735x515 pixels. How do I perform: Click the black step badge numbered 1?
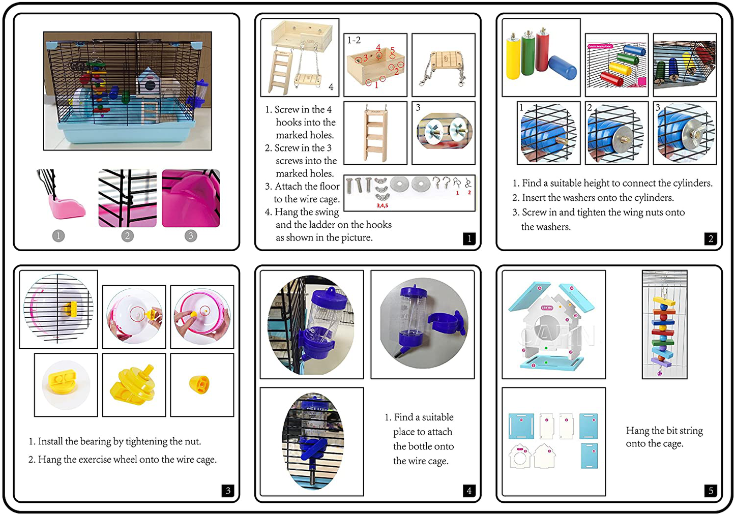tap(469, 238)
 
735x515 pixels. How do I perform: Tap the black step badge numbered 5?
tap(711, 490)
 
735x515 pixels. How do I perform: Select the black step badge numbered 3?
tap(228, 490)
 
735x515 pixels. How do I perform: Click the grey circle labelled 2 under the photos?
tap(128, 235)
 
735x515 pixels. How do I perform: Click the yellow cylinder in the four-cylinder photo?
tap(514, 58)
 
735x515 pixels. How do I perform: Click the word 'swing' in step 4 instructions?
tap(327, 212)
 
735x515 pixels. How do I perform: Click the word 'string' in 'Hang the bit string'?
tap(691, 431)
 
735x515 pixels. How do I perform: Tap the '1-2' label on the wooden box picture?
tap(354, 40)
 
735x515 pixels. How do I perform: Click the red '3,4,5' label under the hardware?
tap(383, 205)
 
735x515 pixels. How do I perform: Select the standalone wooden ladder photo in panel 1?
tap(375, 133)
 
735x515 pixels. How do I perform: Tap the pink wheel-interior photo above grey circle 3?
tap(191, 198)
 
